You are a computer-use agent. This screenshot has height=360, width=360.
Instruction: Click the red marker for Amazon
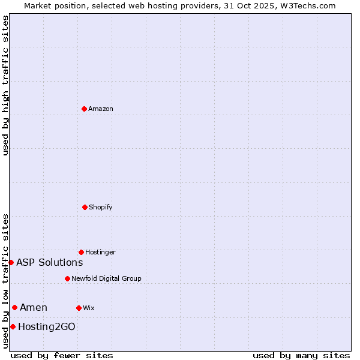click(84, 109)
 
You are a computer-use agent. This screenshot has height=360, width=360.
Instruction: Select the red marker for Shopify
click(85, 207)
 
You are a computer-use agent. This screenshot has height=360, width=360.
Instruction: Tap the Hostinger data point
click(81, 252)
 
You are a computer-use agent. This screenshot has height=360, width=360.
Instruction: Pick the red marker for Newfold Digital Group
click(67, 278)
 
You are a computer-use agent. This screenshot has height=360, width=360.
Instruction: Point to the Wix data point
click(79, 308)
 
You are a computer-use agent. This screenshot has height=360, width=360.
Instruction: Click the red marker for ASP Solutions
click(11, 262)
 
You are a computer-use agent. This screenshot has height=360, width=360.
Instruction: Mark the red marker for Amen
click(14, 308)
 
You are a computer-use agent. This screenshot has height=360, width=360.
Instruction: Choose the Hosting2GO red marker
click(13, 326)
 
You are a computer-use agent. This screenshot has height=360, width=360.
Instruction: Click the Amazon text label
click(101, 109)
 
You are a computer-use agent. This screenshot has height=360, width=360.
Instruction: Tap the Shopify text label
click(101, 207)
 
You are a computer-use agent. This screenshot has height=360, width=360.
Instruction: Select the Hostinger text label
click(100, 252)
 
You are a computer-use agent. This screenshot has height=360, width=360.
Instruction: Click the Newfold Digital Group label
click(106, 278)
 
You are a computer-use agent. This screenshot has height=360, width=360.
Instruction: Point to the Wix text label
click(89, 308)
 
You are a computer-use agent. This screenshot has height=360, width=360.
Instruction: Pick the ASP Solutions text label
click(50, 262)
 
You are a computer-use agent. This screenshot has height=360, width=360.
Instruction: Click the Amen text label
click(34, 308)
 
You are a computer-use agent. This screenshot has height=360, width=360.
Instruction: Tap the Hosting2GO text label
click(47, 326)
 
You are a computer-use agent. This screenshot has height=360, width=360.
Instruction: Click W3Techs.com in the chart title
click(307, 5)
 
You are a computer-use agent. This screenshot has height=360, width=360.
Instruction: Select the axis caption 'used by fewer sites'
click(62, 355)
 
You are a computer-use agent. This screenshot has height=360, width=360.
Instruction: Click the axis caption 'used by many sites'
click(301, 355)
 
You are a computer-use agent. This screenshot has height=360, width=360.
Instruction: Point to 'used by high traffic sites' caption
click(5, 85)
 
